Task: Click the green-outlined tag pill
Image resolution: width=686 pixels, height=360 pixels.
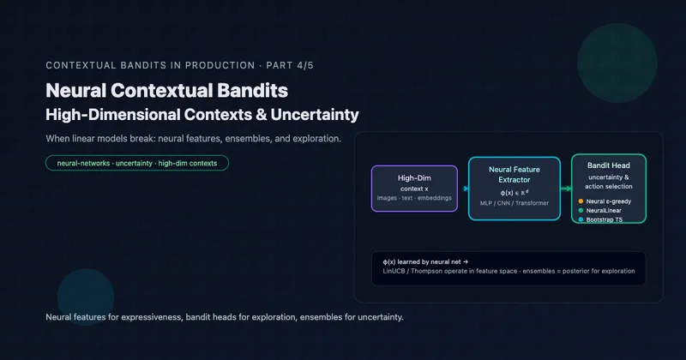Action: [x=137, y=162]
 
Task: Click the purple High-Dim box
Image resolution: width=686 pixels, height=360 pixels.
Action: [x=413, y=188]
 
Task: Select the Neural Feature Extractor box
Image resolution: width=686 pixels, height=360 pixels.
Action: [x=508, y=188]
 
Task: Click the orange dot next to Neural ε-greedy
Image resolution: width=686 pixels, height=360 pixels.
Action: [x=581, y=201]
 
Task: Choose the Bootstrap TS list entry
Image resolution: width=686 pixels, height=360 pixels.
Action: [x=608, y=220]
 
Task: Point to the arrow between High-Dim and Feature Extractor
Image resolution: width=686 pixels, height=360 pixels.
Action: [x=463, y=188]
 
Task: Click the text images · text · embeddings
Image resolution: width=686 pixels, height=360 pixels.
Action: [x=413, y=198]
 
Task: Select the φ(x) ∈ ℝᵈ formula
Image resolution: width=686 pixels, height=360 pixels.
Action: [x=508, y=193]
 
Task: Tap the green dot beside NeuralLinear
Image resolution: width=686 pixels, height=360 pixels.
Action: [x=581, y=211]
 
